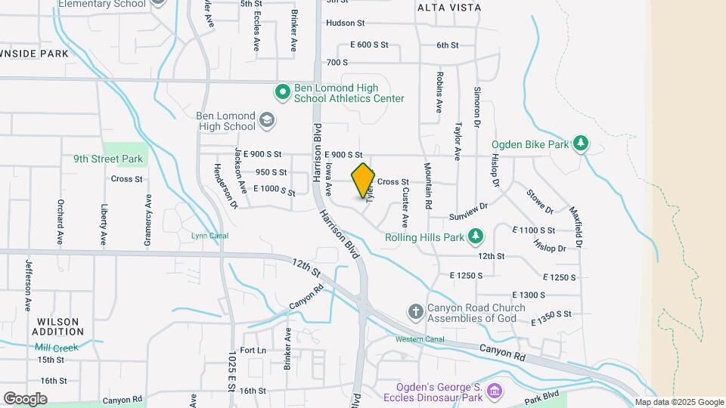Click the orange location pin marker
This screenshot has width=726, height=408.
(x=364, y=180)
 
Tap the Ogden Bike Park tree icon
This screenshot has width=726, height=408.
(x=581, y=143)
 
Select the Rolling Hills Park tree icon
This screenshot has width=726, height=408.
(x=476, y=237)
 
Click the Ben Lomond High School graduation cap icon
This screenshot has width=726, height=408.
(x=266, y=120)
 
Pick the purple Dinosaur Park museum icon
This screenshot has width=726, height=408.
(x=494, y=391)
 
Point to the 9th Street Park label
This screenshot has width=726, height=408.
(x=108, y=159)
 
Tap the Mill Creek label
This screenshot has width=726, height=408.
(x=56, y=348)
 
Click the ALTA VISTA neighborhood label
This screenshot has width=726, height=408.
(x=448, y=7)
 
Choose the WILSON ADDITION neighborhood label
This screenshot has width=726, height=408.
(x=58, y=326)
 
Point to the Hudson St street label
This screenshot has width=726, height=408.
(x=345, y=23)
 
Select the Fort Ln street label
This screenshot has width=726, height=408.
(x=253, y=351)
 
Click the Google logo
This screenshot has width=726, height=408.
(x=25, y=398)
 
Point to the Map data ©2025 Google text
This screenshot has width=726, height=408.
(x=678, y=403)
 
